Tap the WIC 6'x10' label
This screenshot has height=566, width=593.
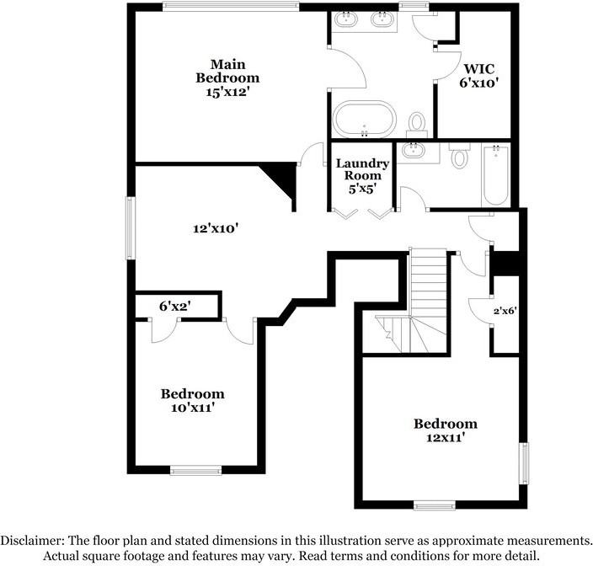point(481,76)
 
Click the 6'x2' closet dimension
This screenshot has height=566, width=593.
point(176,307)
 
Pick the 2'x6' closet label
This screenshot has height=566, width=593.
point(505,311)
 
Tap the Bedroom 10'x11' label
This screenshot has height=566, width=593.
point(193,400)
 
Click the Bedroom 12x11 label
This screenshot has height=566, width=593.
point(445,430)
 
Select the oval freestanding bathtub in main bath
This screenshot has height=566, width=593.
point(364,119)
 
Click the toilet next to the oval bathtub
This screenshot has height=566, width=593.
point(417,124)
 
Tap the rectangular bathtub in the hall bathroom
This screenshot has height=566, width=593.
point(495,174)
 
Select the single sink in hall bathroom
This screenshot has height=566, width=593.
point(412,151)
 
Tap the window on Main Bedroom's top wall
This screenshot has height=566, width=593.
point(231,7)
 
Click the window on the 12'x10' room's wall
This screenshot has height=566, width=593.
point(130,228)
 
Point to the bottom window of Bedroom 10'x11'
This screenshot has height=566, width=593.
point(195,470)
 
